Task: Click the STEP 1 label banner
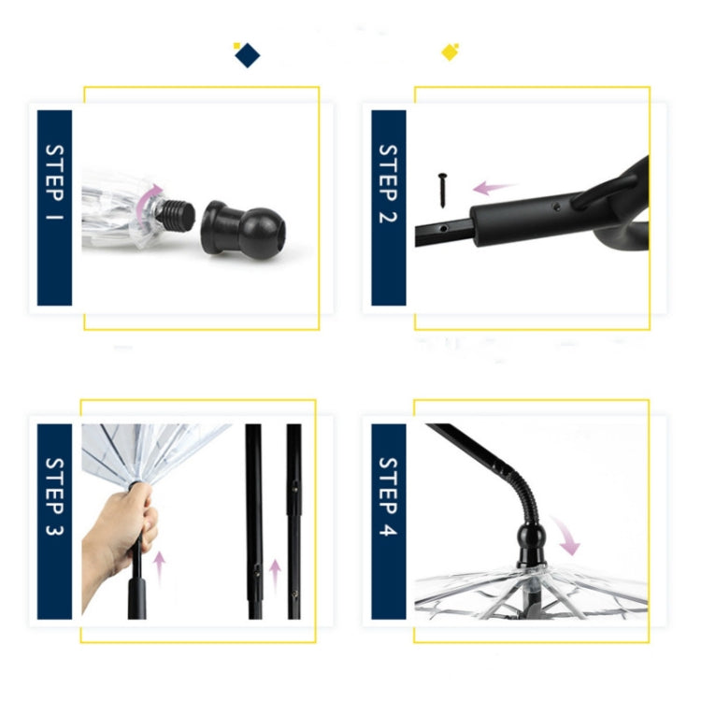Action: click(x=54, y=207)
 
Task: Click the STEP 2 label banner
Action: click(x=389, y=207)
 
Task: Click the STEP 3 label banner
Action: click(x=54, y=521)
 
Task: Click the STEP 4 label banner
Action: click(x=389, y=521)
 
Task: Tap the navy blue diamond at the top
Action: click(x=247, y=55)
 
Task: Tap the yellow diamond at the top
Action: click(x=451, y=51)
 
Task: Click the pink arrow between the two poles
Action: click(x=275, y=571)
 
